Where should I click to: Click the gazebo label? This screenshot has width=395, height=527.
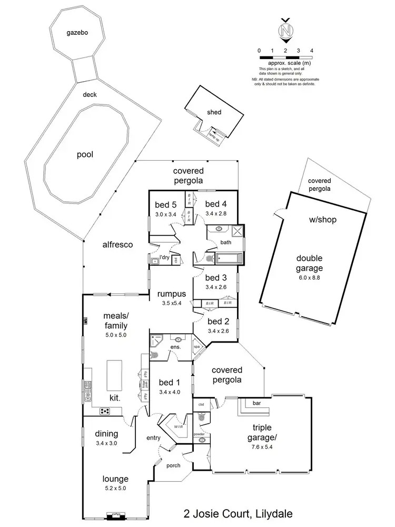point(76,33)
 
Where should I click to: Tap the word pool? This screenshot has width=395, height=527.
point(84,154)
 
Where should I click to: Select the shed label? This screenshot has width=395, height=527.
point(214,112)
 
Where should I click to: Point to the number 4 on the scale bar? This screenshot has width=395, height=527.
point(312,50)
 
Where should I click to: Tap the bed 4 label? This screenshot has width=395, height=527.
point(215,204)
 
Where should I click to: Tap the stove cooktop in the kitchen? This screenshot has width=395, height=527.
point(105,411)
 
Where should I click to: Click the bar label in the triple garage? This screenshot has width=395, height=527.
point(257,403)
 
